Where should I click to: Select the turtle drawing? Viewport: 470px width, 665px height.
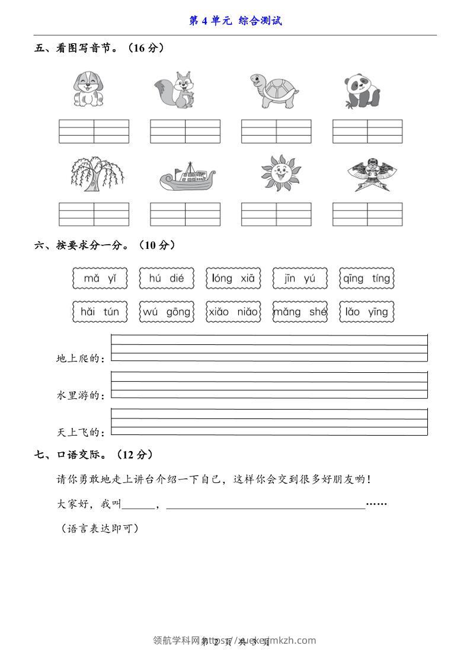pyautogui.click(x=273, y=91)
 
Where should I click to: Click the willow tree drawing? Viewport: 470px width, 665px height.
pyautogui.click(x=95, y=174)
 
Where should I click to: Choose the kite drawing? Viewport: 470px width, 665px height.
pyautogui.click(x=367, y=174)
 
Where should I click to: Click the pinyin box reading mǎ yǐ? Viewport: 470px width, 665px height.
pyautogui.click(x=100, y=278)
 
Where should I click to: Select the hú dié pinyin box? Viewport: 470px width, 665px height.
pyautogui.click(x=167, y=278)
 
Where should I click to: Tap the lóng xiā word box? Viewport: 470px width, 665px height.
pyautogui.click(x=233, y=278)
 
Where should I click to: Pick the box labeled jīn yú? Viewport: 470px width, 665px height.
pyautogui.click(x=300, y=278)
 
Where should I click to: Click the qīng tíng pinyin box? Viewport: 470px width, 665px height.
pyautogui.click(x=367, y=278)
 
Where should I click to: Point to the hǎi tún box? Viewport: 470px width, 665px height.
pyautogui.click(x=100, y=312)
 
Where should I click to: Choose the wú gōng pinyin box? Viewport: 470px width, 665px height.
pyautogui.click(x=167, y=312)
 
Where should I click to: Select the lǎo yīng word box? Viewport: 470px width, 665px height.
pyautogui.click(x=367, y=312)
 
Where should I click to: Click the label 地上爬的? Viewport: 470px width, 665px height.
pyautogui.click(x=79, y=359)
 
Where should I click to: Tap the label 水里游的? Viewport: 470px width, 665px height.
pyautogui.click(x=79, y=395)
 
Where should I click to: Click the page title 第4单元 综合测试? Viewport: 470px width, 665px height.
pyautogui.click(x=235, y=21)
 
